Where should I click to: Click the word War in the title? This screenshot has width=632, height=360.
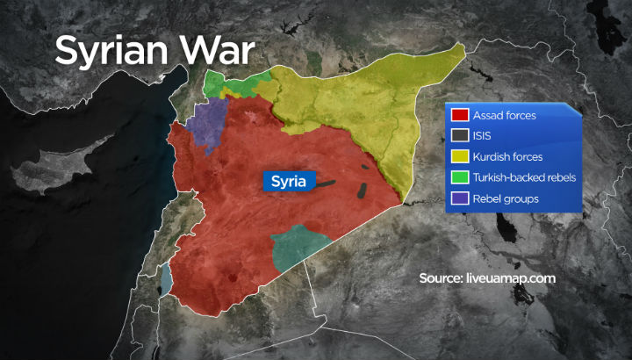tap(212, 50)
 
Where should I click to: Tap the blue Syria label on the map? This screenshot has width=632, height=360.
tap(288, 183)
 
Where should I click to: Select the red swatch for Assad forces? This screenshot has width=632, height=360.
tap(459, 115)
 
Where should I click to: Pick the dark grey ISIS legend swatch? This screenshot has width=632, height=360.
tap(459, 136)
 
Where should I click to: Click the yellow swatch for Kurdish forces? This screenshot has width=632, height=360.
tap(459, 157)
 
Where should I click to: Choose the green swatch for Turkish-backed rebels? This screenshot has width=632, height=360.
tap(459, 178)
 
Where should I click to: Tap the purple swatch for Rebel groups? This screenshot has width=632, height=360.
tap(459, 199)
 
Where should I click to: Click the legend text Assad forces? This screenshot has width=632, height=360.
tap(505, 115)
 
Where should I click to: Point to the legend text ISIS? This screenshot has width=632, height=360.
tap(484, 136)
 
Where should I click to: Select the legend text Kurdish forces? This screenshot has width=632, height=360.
tap(507, 157)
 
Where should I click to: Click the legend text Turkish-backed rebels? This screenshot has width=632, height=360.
tap(525, 178)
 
